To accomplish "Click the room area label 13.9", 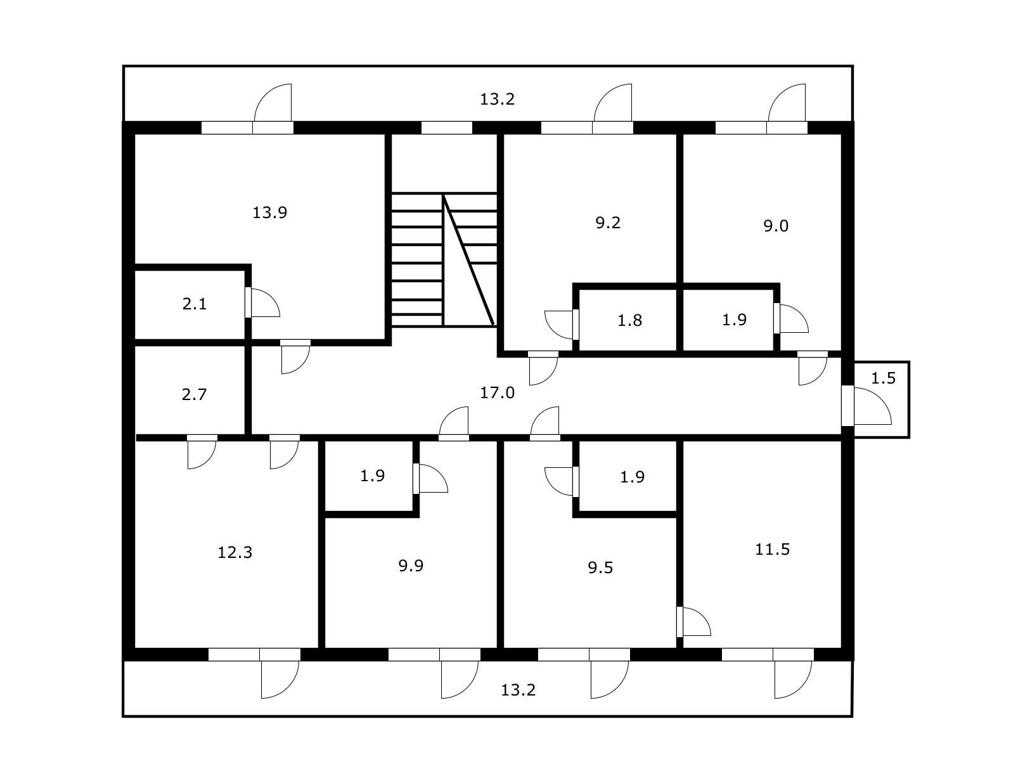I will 270,212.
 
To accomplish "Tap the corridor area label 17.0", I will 497,393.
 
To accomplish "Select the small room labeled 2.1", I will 195,304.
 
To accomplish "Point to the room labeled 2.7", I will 194,395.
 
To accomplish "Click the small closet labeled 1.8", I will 629,321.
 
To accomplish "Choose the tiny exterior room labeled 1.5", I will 883,379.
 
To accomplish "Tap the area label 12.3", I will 235,553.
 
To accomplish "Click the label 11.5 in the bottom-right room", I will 772,550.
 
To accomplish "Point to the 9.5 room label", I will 600,568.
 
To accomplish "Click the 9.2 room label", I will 608,223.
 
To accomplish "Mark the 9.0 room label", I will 775,226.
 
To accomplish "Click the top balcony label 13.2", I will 497,100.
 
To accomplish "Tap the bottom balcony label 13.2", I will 518,690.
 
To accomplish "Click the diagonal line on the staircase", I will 469,261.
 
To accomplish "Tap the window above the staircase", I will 447,127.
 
